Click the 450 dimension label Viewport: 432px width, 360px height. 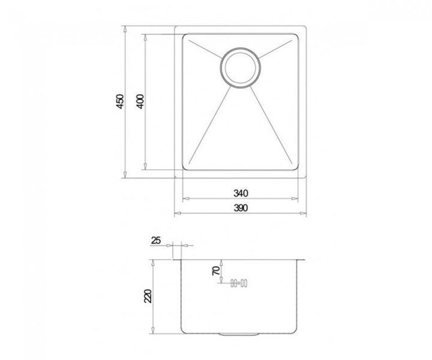120,101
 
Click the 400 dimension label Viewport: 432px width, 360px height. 140,101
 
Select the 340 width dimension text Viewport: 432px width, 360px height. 241,193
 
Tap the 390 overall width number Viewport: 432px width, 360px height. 241,208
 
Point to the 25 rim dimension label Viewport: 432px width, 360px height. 155,241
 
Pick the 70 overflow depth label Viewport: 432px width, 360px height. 216,271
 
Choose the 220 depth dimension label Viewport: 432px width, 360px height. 148,296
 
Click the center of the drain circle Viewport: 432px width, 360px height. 240,68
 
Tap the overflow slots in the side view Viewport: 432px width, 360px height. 239,283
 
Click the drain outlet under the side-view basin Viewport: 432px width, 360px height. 239,334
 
